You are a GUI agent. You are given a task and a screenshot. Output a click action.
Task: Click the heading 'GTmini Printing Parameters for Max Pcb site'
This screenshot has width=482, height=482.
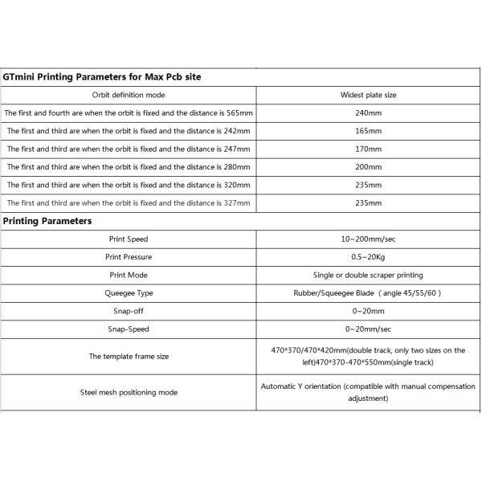(102, 77)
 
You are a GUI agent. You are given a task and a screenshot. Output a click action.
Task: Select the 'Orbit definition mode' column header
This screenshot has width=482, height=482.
(129, 95)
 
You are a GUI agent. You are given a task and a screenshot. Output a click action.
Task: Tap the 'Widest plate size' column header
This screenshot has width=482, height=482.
(368, 95)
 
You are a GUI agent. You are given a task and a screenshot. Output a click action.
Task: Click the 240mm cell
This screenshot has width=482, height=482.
(368, 112)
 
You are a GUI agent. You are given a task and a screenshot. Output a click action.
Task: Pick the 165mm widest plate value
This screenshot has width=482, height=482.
(368, 130)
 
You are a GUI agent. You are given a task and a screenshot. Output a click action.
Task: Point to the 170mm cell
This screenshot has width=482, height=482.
(368, 149)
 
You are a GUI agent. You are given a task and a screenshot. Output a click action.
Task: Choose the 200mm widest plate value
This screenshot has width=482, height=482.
(368, 166)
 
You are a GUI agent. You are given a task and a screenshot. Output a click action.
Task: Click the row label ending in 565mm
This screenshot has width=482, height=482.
(129, 112)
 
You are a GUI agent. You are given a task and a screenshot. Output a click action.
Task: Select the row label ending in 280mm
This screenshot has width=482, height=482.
(129, 166)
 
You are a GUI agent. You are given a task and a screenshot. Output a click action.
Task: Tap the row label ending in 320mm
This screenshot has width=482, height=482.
(129, 185)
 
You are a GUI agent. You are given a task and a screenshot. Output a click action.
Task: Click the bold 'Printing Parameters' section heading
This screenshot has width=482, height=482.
(47, 221)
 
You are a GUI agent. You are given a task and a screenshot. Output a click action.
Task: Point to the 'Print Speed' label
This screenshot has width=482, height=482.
(129, 239)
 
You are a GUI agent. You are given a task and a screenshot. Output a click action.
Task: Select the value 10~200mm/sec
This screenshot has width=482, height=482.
(368, 239)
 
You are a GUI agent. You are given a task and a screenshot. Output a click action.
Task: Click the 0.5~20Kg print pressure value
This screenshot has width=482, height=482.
(368, 257)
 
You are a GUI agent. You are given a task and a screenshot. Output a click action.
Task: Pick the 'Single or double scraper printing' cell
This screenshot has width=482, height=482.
(368, 276)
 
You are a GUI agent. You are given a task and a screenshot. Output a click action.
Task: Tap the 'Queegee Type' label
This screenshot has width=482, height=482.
(129, 293)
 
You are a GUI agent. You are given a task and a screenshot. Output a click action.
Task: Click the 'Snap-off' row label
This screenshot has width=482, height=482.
(129, 311)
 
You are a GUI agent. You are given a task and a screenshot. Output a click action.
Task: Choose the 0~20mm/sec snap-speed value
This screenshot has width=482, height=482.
(368, 329)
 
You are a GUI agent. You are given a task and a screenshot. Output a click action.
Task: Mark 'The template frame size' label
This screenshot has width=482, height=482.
(129, 356)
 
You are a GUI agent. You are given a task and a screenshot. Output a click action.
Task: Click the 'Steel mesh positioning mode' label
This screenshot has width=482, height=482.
(129, 392)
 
